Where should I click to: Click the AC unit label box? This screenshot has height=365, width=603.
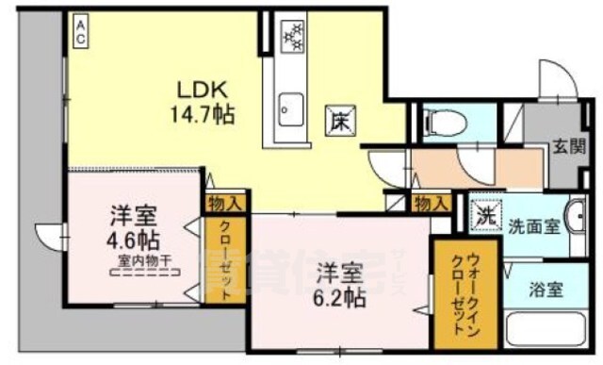coord(82,32)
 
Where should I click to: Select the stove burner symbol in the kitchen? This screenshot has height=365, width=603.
coord(293,37)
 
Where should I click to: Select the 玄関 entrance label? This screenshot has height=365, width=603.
coord(566,147)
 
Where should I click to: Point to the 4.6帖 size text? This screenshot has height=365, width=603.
coord(132,236)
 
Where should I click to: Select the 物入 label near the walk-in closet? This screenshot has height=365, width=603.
coord(431,204)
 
